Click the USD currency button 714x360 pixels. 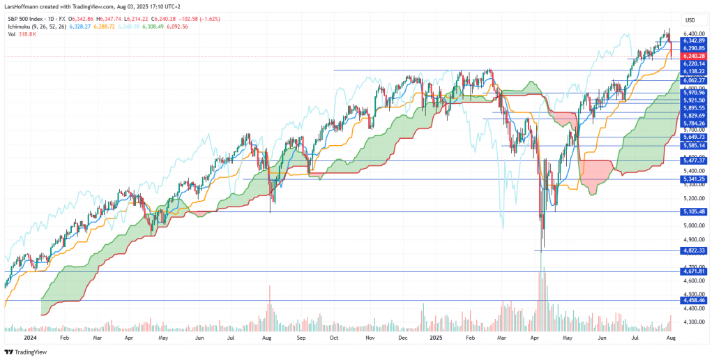click(x=690, y=20)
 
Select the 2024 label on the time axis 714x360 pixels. click(x=29, y=336)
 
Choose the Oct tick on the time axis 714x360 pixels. click(x=334, y=336)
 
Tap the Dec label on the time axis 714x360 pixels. click(x=402, y=336)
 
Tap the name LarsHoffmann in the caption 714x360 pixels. click(x=25, y=7)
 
